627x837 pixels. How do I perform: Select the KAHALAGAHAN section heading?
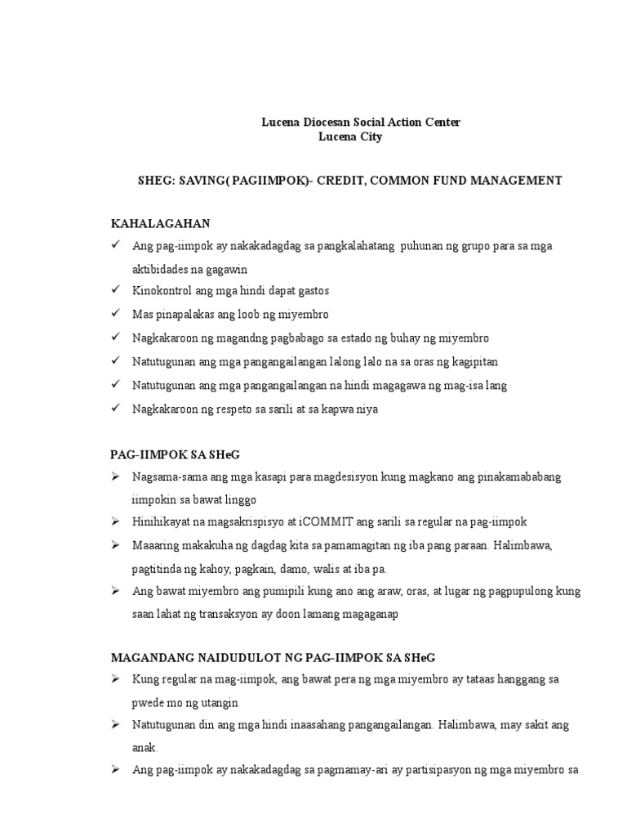coord(161,223)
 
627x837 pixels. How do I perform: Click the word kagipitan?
coord(471,361)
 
